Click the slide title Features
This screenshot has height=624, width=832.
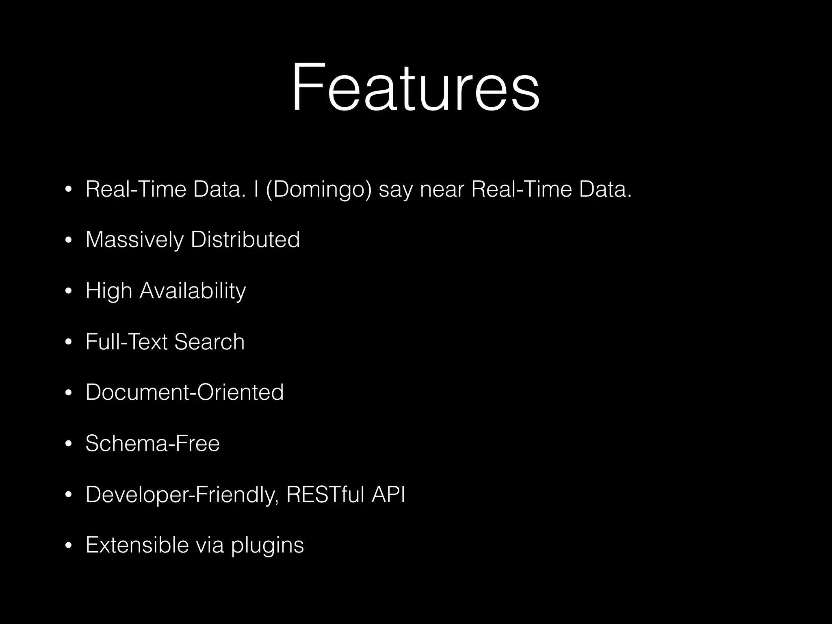[x=415, y=87]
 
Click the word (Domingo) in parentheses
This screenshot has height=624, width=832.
[x=318, y=189]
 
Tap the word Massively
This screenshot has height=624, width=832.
[x=134, y=240]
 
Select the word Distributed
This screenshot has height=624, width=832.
[x=245, y=240]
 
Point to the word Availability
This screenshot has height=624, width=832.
[x=193, y=291]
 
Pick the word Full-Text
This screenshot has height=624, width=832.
[x=126, y=342]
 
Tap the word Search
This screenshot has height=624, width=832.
[x=209, y=342]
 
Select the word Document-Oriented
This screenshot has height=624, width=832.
[x=184, y=392]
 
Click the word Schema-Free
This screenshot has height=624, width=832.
[x=152, y=443]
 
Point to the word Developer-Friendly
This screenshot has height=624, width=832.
[x=182, y=494]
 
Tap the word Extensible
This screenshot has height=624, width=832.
[x=137, y=545]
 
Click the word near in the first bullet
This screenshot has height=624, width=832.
[x=442, y=189]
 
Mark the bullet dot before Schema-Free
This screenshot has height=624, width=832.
[x=68, y=444]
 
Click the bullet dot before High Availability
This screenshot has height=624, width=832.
[x=68, y=291]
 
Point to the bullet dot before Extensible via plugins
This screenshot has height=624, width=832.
[x=68, y=546]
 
